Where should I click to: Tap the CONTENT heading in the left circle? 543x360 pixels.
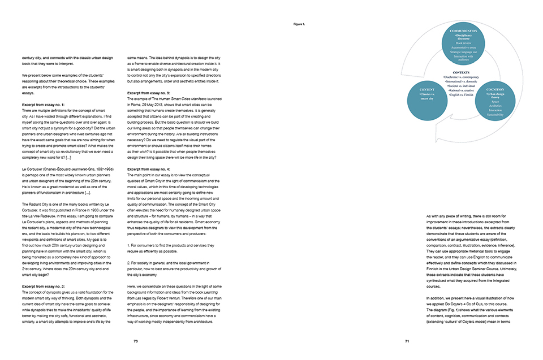427,89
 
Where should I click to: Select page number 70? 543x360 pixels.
136,341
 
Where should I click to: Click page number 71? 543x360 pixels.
407,341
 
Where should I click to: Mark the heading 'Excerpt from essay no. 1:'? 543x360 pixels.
43,105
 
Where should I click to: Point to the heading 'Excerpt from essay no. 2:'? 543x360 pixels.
43,287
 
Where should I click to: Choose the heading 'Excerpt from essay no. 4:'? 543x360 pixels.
149,169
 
